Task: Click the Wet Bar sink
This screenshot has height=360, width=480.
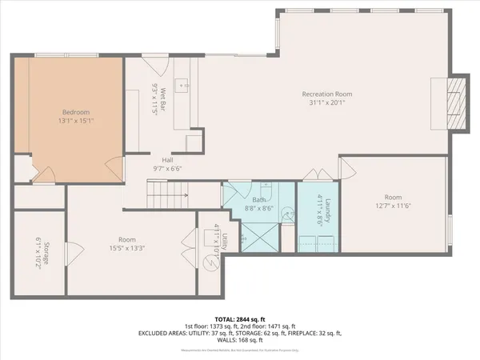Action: (182, 82)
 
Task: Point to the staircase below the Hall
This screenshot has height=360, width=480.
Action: (169, 192)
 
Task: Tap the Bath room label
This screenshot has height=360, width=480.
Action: (259, 200)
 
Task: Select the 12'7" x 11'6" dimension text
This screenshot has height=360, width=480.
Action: (392, 206)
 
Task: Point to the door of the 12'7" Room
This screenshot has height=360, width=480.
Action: (348, 169)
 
